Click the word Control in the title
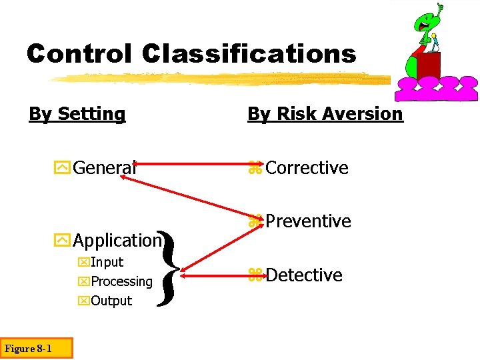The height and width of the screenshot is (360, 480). pos(79,53)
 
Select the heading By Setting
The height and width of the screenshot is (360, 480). pos(77,114)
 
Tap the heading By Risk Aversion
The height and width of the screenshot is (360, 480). pos(325,114)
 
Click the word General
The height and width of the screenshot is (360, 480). pos(105,167)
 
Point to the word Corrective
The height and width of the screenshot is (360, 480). pos(306,168)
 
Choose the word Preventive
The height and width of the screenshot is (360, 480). pos(307,221)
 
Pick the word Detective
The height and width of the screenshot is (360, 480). pos(303,275)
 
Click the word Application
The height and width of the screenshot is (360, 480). pos(117,240)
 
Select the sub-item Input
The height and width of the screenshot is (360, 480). pos(107,262)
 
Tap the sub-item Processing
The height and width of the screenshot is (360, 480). pos(121,281)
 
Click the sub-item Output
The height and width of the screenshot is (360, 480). pos(111,301)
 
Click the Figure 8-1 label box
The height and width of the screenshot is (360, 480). pos(28,348)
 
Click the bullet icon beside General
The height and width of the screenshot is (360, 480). pos(65,167)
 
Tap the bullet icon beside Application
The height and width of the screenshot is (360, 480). pos(65,240)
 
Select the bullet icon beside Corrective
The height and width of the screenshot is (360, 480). pos(253,169)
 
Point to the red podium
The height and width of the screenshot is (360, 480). pos(429,65)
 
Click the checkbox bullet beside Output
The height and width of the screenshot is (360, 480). pos(83,301)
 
